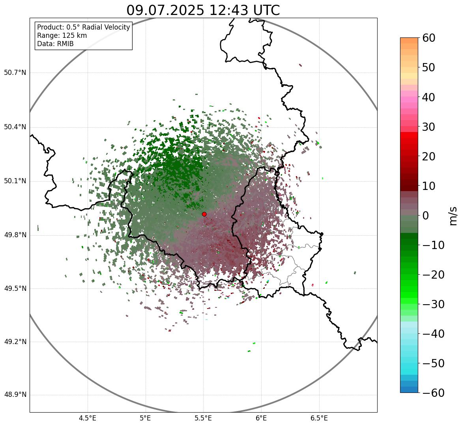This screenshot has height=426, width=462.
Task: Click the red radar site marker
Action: pyautogui.click(x=204, y=214)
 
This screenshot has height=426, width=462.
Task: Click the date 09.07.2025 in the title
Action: pyautogui.click(x=165, y=10)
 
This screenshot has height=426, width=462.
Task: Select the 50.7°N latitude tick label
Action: pyautogui.click(x=15, y=73)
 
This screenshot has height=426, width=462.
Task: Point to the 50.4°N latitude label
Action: pyautogui.click(x=15, y=127)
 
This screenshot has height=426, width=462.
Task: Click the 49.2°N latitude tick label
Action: pyautogui.click(x=15, y=341)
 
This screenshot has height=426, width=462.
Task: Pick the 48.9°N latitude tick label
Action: pyautogui.click(x=15, y=395)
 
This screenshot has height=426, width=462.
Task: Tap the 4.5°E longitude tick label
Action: pyautogui.click(x=88, y=418)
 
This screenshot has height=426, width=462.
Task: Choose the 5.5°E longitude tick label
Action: pyautogui.click(x=203, y=418)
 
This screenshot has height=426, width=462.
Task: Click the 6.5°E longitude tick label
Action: pyautogui.click(x=319, y=418)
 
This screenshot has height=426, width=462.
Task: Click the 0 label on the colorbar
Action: pyautogui.click(x=426, y=216)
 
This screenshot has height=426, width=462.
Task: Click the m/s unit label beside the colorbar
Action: pyautogui.click(x=453, y=216)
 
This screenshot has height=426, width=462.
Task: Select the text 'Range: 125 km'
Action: pyautogui.click(x=62, y=35)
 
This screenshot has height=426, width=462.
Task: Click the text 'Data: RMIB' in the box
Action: pyautogui.click(x=55, y=44)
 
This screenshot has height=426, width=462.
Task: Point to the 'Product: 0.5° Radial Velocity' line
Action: pyautogui.click(x=83, y=27)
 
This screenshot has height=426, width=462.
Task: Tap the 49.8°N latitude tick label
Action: pyautogui.click(x=15, y=235)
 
